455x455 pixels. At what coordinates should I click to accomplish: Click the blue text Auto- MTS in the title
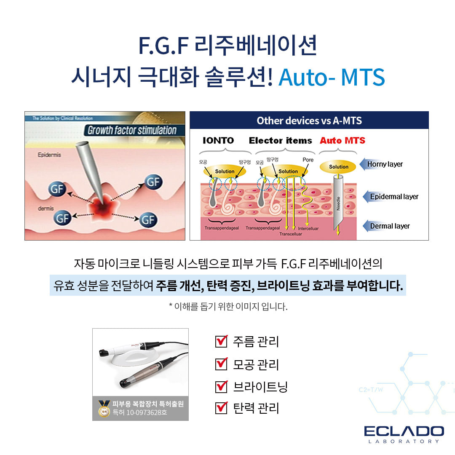[332, 77]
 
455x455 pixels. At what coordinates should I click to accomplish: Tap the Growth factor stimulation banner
[131, 130]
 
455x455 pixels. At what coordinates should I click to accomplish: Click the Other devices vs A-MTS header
[309, 120]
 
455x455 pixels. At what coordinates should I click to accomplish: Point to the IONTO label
[218, 141]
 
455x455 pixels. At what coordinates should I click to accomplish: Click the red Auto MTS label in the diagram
[343, 141]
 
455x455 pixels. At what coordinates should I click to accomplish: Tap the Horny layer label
[385, 164]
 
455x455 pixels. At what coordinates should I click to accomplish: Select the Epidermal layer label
[394, 196]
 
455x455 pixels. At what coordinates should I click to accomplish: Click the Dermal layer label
[390, 226]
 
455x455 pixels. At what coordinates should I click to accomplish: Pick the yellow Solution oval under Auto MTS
[338, 167]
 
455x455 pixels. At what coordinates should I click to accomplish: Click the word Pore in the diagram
[308, 160]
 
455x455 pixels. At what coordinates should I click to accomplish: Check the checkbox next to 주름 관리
[221, 341]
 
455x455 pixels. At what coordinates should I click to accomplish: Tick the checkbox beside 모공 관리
[221, 364]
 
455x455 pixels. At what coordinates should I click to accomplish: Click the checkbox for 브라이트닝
[221, 386]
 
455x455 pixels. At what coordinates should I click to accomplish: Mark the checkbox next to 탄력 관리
[221, 408]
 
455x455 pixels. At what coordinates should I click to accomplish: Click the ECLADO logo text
[404, 431]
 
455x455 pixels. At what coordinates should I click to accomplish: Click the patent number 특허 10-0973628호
[140, 412]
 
